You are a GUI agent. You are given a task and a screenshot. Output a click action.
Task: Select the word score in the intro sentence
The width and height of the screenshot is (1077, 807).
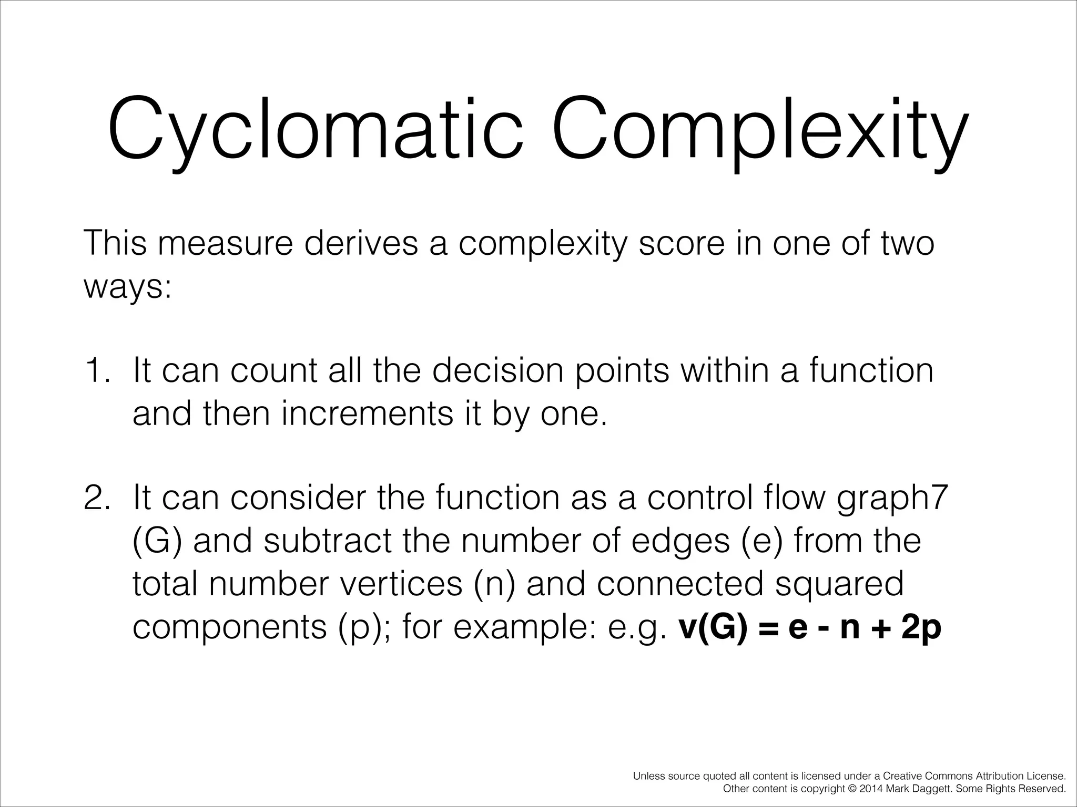tap(678, 243)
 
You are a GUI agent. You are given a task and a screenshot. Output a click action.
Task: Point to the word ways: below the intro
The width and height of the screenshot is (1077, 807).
tap(128, 288)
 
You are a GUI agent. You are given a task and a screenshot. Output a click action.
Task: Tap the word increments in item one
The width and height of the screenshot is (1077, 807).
tap(367, 414)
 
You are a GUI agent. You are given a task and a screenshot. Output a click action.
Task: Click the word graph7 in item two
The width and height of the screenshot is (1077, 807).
tap(892, 499)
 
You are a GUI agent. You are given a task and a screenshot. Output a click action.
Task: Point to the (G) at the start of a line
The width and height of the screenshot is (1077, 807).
tap(157, 541)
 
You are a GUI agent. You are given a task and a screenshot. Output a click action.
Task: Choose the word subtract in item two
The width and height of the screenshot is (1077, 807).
tap(328, 541)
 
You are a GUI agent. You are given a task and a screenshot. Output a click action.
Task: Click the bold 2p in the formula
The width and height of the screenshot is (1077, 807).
tap(920, 628)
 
